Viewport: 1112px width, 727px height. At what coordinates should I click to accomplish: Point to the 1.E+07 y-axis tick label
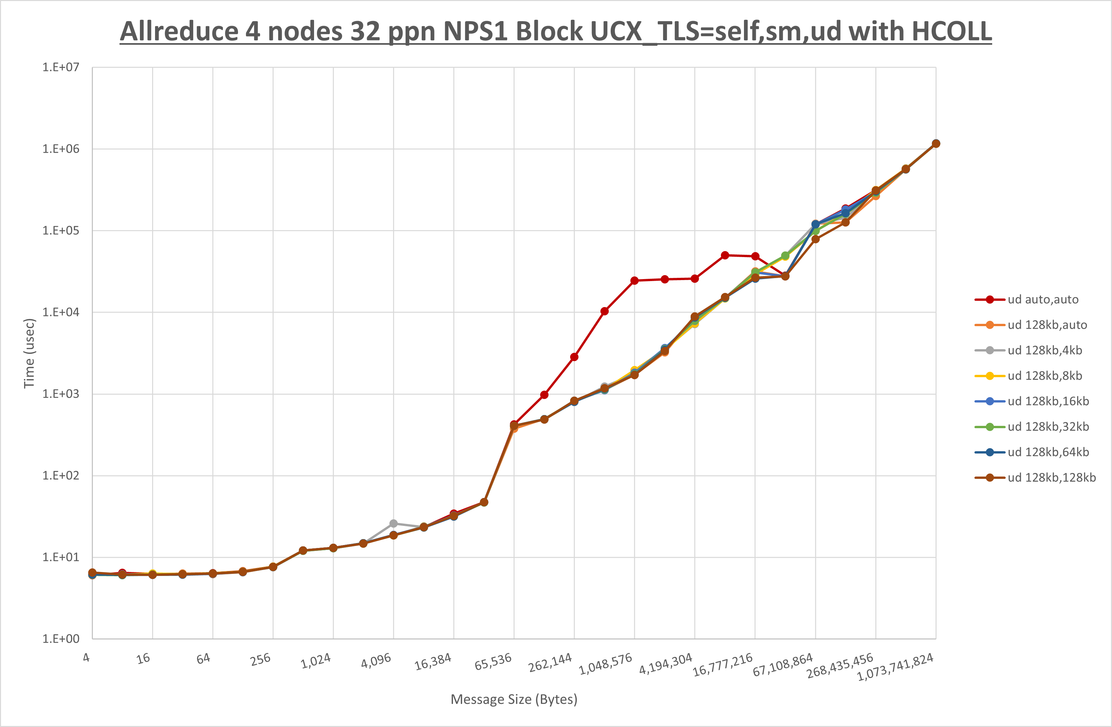coord(61,67)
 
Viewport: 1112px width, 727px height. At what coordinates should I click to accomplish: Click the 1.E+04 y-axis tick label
coord(61,312)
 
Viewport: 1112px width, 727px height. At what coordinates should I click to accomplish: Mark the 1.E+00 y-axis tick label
coord(61,639)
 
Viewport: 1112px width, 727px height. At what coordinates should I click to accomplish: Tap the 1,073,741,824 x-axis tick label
coord(895,667)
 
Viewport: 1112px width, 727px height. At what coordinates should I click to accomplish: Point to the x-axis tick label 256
coord(260,659)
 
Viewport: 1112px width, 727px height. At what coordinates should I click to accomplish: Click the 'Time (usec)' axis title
coord(29,353)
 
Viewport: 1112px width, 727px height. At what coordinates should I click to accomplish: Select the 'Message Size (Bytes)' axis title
coord(514,699)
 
